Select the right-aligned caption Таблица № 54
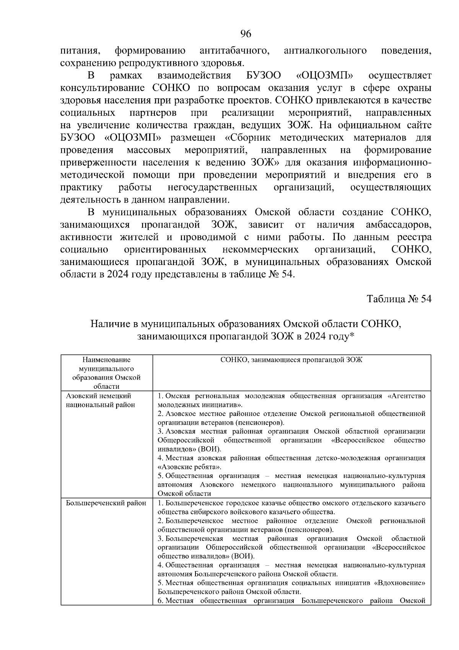point(399,299)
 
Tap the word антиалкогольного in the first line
point(326,51)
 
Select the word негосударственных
point(212,187)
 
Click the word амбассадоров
point(398,224)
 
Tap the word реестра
point(416,237)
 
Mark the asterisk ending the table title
point(353,336)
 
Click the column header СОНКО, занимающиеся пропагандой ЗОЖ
point(291,360)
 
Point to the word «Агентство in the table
point(407,396)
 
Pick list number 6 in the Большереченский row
point(160,601)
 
